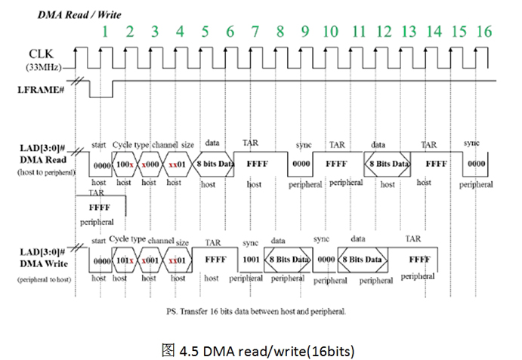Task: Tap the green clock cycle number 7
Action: [x=255, y=31]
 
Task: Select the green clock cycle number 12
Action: [x=384, y=31]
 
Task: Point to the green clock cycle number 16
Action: [x=483, y=31]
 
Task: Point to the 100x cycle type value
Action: [x=125, y=164]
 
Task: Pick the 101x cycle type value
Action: [x=125, y=260]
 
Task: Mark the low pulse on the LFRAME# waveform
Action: [x=100, y=94]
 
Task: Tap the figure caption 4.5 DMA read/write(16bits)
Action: [x=260, y=350]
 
